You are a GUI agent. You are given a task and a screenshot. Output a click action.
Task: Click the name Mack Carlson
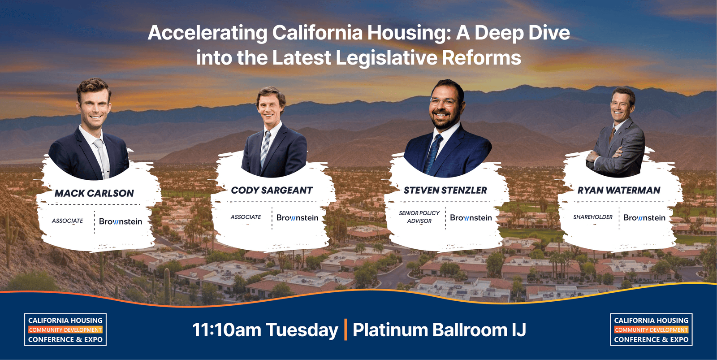[x=94, y=193]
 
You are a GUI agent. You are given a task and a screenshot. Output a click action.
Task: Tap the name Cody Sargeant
[x=272, y=190]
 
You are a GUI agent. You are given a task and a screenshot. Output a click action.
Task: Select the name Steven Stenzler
[x=445, y=190]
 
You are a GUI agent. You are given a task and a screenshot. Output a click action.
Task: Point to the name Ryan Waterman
[x=619, y=190]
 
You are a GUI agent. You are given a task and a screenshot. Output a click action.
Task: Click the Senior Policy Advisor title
[x=419, y=217]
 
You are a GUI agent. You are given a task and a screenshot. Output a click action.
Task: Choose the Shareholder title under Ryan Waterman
[x=592, y=217]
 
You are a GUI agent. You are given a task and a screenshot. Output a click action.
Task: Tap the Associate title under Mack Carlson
[x=67, y=221]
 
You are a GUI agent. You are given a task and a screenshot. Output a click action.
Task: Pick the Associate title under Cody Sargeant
[x=246, y=217]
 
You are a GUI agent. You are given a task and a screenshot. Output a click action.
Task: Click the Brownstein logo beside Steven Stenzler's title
[x=471, y=217]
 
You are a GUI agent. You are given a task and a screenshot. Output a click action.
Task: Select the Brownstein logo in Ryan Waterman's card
[x=644, y=217]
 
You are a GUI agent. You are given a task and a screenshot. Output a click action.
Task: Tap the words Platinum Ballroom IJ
[x=439, y=330]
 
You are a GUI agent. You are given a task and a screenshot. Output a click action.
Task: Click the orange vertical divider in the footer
[x=346, y=330]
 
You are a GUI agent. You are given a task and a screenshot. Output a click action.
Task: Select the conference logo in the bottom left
[x=65, y=330]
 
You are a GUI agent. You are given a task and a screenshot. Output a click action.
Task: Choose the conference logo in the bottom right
[x=651, y=330]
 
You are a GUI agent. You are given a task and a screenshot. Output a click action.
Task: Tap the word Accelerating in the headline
[x=207, y=33]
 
